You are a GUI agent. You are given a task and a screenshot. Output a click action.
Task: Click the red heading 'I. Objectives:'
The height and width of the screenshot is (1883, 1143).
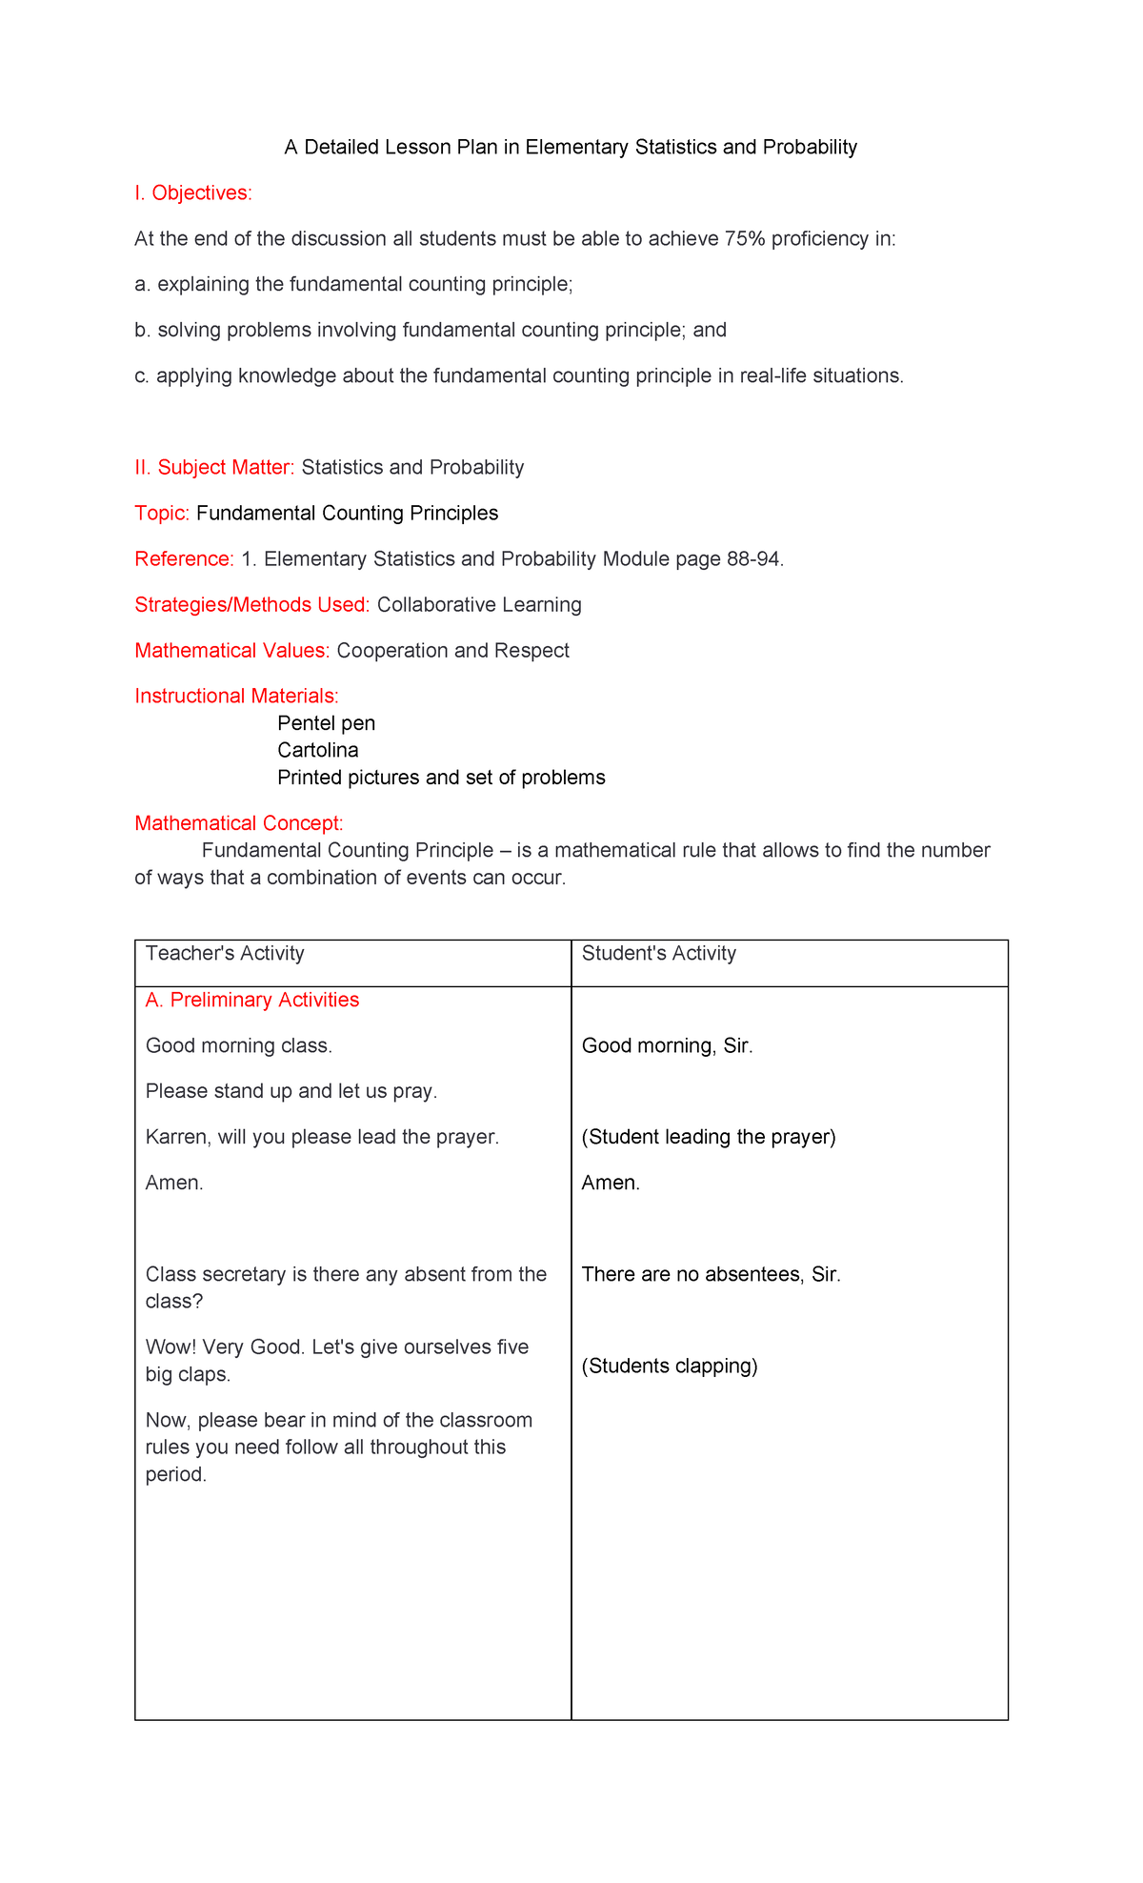click(x=193, y=193)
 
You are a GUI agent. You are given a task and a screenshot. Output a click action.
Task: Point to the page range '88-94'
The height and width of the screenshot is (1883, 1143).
click(x=752, y=559)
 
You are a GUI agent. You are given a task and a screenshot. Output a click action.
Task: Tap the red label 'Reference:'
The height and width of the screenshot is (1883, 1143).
click(x=184, y=559)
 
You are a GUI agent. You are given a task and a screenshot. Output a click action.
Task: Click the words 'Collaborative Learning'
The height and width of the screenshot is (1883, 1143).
click(x=479, y=605)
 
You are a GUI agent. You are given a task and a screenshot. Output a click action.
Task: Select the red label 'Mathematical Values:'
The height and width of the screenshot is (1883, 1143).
click(x=231, y=651)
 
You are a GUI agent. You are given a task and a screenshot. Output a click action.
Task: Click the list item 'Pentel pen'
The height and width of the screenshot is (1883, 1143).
click(x=326, y=723)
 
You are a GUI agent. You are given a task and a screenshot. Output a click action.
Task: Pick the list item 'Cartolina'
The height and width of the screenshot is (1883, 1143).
click(x=317, y=750)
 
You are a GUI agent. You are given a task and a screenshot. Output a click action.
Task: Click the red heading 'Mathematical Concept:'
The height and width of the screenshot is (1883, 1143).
click(x=238, y=823)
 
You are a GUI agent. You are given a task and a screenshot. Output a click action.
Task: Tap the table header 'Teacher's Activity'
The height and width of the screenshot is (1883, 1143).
click(x=225, y=954)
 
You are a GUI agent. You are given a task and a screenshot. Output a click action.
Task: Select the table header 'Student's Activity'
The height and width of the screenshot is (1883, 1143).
click(x=658, y=954)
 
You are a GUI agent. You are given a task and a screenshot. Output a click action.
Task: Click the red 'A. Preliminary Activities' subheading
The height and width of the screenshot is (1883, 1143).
click(x=252, y=1001)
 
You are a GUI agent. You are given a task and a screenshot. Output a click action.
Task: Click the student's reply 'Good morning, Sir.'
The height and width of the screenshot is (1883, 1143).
click(x=667, y=1046)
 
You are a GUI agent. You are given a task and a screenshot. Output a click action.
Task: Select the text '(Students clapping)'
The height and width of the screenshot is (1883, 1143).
click(x=669, y=1367)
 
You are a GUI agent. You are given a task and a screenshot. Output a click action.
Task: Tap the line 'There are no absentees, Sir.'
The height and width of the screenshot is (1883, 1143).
click(x=711, y=1275)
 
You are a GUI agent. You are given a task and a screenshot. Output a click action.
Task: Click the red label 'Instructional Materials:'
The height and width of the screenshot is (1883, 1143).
click(x=236, y=697)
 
